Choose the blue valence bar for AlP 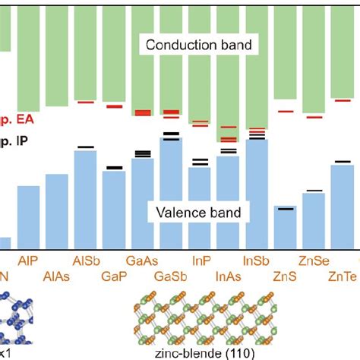(28, 216)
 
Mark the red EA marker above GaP (114, 106)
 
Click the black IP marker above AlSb (85, 147)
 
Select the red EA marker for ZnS (285, 111)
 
